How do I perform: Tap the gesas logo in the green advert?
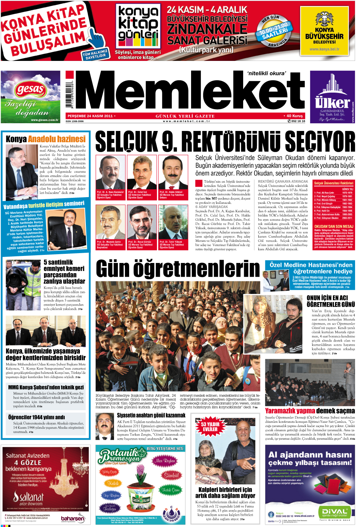point(30,89)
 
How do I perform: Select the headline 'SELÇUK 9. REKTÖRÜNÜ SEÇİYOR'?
point(225,142)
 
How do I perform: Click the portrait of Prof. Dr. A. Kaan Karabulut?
point(110,172)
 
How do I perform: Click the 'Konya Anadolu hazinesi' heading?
point(46,139)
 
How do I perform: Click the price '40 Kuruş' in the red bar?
point(295,116)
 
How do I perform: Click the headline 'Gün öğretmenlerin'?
point(178,269)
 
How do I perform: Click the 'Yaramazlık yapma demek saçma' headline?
point(310,410)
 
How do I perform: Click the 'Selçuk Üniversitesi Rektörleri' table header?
point(333,183)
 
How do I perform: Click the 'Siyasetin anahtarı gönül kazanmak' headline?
point(151,415)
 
